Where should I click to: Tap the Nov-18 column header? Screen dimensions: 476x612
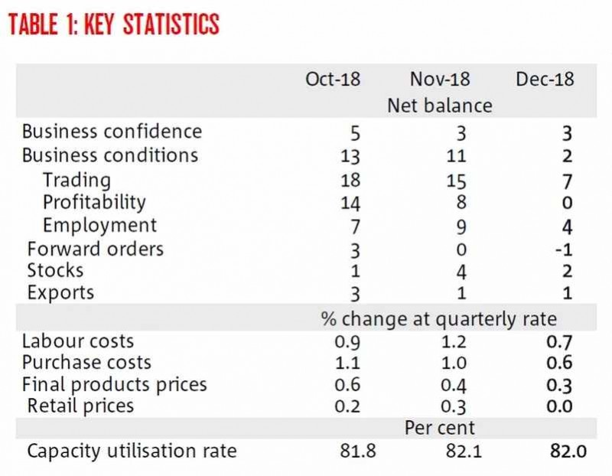click(439, 80)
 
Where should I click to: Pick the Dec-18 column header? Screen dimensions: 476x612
click(545, 80)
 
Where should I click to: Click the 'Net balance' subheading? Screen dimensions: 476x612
click(439, 105)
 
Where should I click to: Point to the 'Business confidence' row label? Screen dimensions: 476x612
click(112, 132)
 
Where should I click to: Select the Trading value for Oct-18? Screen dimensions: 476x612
click(350, 181)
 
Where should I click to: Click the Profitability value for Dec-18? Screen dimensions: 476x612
click(566, 203)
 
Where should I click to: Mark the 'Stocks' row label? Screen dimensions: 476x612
click(55, 270)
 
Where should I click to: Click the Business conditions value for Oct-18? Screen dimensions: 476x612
click(350, 156)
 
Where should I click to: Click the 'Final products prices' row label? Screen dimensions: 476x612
click(114, 384)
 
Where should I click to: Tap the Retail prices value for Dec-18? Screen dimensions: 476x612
click(561, 406)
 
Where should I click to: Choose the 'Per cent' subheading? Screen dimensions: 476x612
click(439, 428)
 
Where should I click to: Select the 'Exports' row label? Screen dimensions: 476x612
click(60, 292)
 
